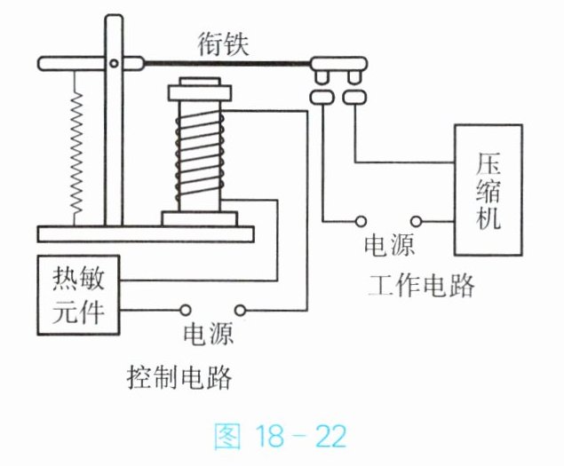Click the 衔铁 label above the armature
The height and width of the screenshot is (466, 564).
tap(223, 43)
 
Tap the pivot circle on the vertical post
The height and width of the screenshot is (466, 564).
tap(114, 64)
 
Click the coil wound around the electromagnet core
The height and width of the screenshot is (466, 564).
tap(200, 156)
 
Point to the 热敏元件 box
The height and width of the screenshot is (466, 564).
tap(78, 296)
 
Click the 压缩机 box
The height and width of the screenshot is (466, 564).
tap(489, 190)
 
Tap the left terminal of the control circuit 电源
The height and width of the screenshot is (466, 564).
tap(186, 310)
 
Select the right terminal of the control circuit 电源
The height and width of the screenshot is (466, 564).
tap(240, 310)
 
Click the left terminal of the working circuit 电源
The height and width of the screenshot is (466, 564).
tap(361, 221)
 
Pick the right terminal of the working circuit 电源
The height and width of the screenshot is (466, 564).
tap(416, 221)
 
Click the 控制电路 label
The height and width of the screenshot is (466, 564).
tap(179, 377)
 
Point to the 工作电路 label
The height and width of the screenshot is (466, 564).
tap(421, 285)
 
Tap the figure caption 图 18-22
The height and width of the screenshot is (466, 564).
tap(280, 436)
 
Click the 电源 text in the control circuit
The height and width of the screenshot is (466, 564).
tap(209, 334)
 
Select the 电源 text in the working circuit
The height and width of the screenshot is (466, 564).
tap(389, 245)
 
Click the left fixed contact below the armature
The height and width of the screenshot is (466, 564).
tap(322, 97)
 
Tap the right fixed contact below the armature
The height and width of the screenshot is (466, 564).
tap(354, 97)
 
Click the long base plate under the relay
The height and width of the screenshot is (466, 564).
tap(146, 234)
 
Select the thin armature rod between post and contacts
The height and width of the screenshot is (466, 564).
tap(227, 64)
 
